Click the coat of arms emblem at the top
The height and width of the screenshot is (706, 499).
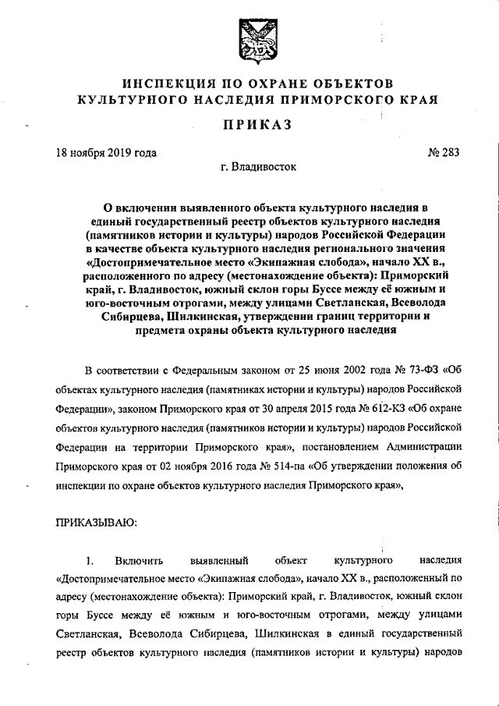click(249, 37)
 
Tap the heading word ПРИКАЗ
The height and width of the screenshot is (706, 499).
click(249, 125)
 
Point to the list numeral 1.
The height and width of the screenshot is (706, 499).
click(90, 560)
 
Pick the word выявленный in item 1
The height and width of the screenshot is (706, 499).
click(218, 560)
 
